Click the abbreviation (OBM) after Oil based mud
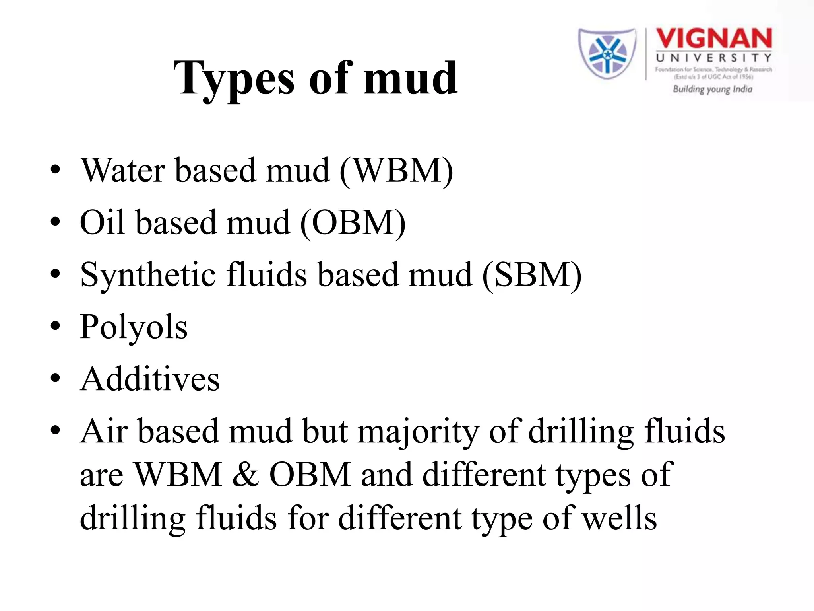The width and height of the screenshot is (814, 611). (x=353, y=223)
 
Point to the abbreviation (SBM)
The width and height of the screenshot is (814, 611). (x=532, y=275)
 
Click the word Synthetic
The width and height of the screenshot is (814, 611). (x=148, y=275)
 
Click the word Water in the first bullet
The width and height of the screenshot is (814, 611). (x=123, y=171)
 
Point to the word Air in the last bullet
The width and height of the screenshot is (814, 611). (x=104, y=432)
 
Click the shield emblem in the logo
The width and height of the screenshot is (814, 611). (x=607, y=53)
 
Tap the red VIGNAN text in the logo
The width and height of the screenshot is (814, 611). (x=713, y=39)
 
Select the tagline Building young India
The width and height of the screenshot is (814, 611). (x=712, y=89)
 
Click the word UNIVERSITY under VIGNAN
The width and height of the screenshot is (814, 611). (x=713, y=58)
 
